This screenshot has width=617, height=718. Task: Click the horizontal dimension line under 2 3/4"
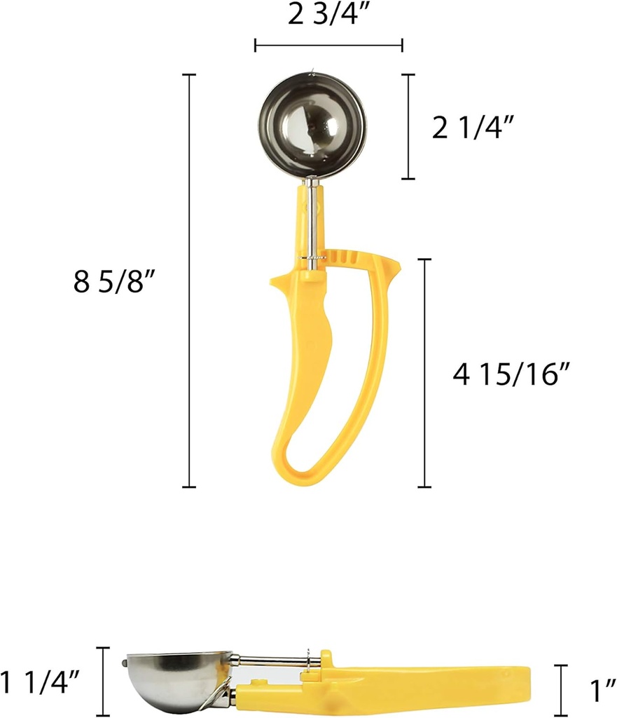328,46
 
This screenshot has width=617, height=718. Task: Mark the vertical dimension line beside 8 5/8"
189,280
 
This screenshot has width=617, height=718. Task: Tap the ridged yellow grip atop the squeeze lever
350,257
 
